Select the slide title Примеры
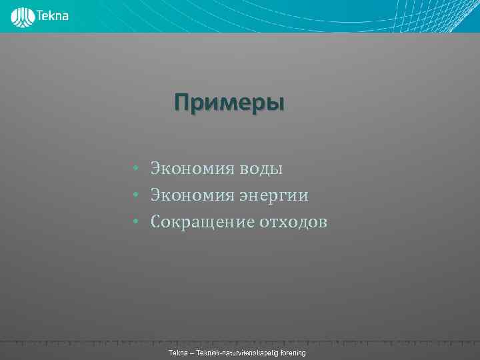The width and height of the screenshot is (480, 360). [x=229, y=103]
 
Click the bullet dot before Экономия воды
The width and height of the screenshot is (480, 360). [x=135, y=169]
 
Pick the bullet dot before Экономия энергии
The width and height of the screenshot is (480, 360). [x=135, y=195]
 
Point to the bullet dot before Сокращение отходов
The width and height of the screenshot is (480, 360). [x=135, y=222]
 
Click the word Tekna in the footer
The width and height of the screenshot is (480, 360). [x=179, y=351]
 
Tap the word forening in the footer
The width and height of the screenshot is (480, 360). [x=292, y=351]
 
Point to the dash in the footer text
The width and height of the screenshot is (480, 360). [x=191, y=351]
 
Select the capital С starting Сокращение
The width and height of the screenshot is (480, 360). [x=156, y=222]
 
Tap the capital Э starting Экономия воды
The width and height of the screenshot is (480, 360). [x=155, y=169]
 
